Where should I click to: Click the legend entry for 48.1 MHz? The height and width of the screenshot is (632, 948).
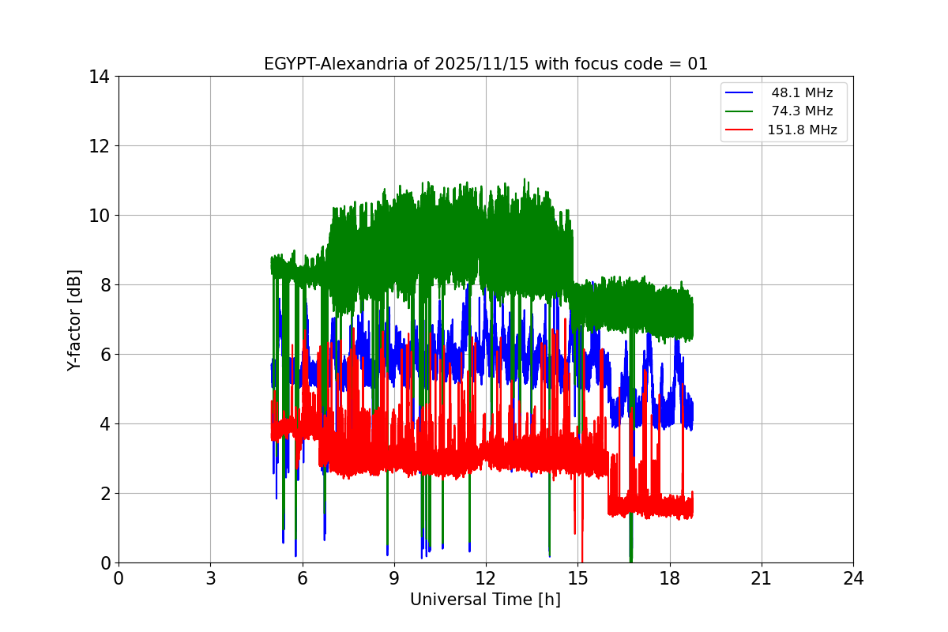click(x=802, y=93)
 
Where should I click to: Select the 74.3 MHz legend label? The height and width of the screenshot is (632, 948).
click(x=802, y=111)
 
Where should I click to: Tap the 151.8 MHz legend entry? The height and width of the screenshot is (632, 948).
click(x=802, y=130)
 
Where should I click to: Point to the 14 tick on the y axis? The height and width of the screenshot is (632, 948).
click(x=99, y=77)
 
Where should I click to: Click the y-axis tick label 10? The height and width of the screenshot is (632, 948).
click(x=99, y=216)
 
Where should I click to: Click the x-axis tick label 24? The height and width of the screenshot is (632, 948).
click(x=853, y=578)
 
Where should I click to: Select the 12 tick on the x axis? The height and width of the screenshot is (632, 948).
click(x=486, y=578)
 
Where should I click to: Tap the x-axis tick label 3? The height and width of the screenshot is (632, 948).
click(x=210, y=578)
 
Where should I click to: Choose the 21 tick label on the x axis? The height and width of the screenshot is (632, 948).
click(x=762, y=578)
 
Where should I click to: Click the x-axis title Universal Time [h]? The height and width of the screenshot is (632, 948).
click(x=485, y=600)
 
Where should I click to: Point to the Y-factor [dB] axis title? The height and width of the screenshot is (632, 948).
click(x=74, y=320)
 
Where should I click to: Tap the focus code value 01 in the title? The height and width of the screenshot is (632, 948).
click(x=698, y=65)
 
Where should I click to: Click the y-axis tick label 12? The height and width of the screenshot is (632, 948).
click(x=99, y=146)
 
